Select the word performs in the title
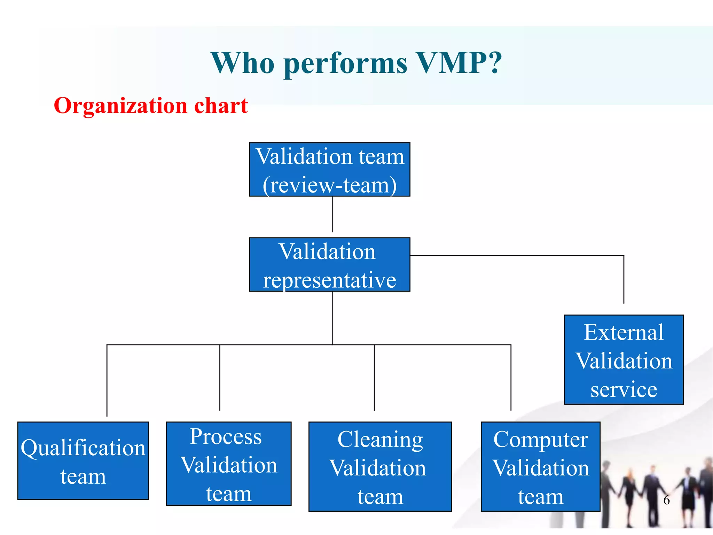tap(345, 63)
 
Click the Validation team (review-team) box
tap(329, 170)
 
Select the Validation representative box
tap(329, 265)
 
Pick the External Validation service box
tap(624, 359)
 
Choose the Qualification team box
tap(83, 460)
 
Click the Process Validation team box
tap(228, 464)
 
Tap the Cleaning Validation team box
tap(380, 466)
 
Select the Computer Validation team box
tap(540, 466)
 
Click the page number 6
tap(666, 500)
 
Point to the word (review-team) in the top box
tap(329, 185)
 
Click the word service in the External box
tap(624, 389)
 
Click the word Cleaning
tap(380, 439)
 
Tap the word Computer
tap(540, 439)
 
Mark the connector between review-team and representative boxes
tap(332, 214)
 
